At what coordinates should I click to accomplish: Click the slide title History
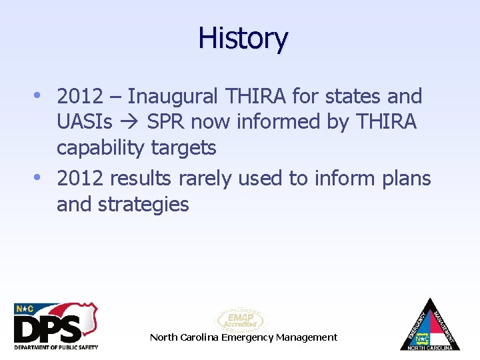pos(243,39)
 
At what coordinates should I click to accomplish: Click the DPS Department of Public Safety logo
pos(56,326)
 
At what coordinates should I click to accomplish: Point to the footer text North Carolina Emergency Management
pos(243,337)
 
